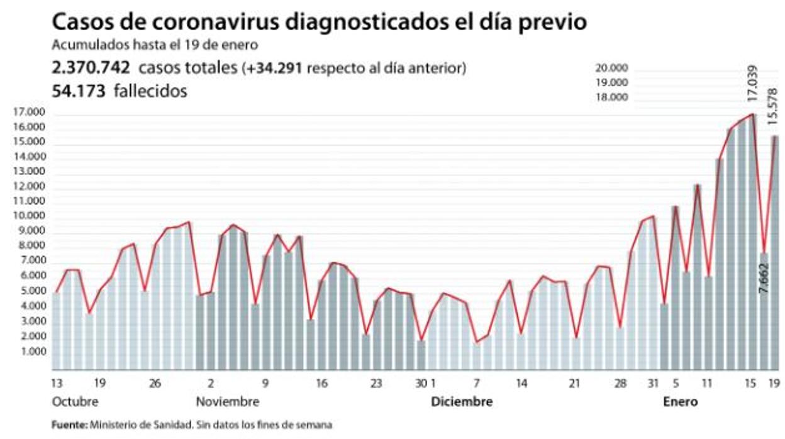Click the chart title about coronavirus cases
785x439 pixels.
pos(319,22)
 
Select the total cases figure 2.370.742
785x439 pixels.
pos(91,68)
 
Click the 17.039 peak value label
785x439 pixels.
pos(752,84)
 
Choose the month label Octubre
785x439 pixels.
pos(75,402)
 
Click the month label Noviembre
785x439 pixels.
pos(227,402)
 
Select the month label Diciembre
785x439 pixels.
pos(462,402)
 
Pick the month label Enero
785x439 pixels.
pos(680,402)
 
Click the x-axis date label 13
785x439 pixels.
pos(57,383)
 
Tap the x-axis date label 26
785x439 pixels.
pos(156,383)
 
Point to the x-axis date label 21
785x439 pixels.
pos(574,383)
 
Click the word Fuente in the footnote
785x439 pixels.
pos(69,425)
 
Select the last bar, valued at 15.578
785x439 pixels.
pos(775,252)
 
